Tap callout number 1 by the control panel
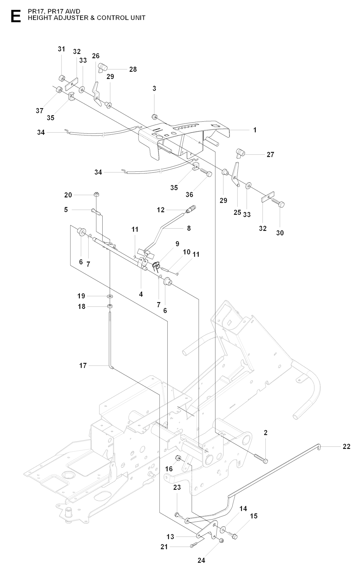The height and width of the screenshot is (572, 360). tap(255, 130)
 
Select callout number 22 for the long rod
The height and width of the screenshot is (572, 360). tap(346, 446)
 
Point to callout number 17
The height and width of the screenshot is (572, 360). tap(83, 366)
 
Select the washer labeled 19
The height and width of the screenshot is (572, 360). tap(110, 296)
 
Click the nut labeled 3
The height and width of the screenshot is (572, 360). tap(154, 116)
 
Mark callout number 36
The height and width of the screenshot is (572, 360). tap(189, 195)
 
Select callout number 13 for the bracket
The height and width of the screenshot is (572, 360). tap(170, 536)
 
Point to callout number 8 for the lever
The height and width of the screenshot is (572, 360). tap(189, 228)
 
